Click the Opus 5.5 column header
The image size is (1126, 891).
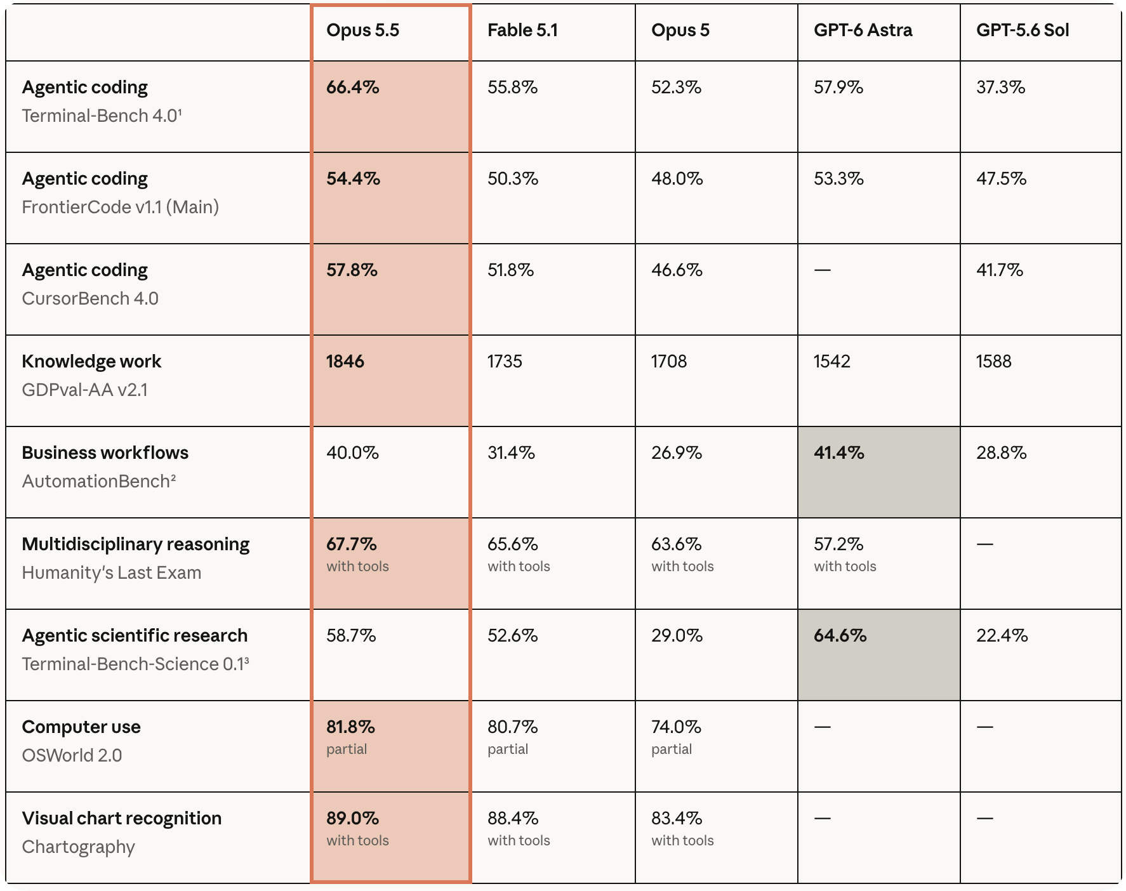click(x=362, y=30)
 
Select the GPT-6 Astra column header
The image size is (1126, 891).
click(x=863, y=30)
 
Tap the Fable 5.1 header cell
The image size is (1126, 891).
click(x=522, y=30)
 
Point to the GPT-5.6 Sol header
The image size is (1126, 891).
click(x=1022, y=30)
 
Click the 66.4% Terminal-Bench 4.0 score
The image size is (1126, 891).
click(x=353, y=88)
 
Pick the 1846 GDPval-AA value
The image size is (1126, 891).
click(x=345, y=362)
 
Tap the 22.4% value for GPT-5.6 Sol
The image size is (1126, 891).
click(x=1002, y=636)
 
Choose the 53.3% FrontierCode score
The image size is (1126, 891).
click(x=838, y=179)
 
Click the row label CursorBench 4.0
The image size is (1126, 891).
click(x=90, y=299)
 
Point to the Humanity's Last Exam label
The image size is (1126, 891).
click(x=112, y=573)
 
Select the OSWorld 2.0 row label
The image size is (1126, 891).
click(x=72, y=756)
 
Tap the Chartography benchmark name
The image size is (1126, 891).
click(x=79, y=847)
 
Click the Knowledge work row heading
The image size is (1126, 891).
click(x=91, y=362)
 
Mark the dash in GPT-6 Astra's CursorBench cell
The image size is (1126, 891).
click(x=822, y=270)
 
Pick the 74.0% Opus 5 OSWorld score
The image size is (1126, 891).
click(x=676, y=727)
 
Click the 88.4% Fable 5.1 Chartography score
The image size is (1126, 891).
click(x=513, y=819)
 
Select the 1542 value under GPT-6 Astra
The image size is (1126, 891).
click(x=831, y=362)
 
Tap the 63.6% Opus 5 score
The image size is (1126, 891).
click(x=676, y=544)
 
